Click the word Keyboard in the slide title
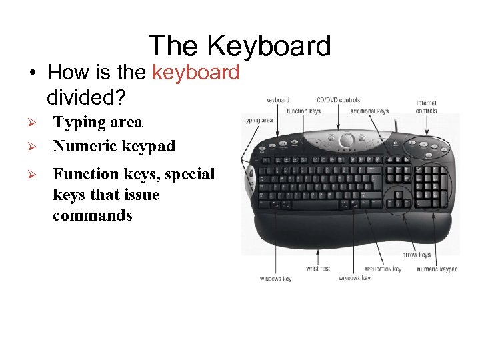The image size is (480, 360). [269, 46]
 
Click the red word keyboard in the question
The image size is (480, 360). [195, 72]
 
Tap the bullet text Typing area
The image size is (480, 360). [97, 122]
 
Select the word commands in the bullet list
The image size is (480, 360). [93, 215]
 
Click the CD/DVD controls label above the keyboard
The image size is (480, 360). [338, 100]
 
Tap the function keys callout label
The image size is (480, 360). [303, 111]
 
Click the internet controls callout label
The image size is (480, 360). [427, 107]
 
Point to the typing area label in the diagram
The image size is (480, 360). [258, 121]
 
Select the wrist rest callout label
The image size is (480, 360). [317, 269]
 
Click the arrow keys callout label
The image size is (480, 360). [416, 254]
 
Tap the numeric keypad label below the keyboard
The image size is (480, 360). [437, 269]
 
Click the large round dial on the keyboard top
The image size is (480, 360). [347, 141]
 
